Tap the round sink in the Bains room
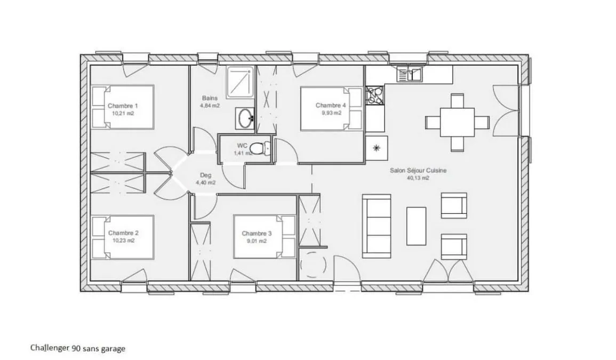[x=246, y=117]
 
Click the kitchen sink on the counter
[x=409, y=74]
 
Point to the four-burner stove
[x=375, y=96]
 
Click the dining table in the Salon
[x=457, y=122]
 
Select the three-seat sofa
[x=377, y=226]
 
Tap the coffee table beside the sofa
[x=416, y=226]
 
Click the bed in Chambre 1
[x=122, y=107]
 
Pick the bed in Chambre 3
[x=264, y=237]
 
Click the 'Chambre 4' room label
[x=331, y=105]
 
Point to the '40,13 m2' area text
[x=418, y=178]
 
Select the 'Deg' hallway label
[x=205, y=175]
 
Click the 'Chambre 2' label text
[x=123, y=233]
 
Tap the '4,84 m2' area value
[x=210, y=106]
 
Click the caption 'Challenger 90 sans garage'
[x=78, y=348]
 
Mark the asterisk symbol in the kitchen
[x=377, y=148]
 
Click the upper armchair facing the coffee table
[x=454, y=205]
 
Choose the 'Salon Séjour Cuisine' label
[x=418, y=171]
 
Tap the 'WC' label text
[x=242, y=146]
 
